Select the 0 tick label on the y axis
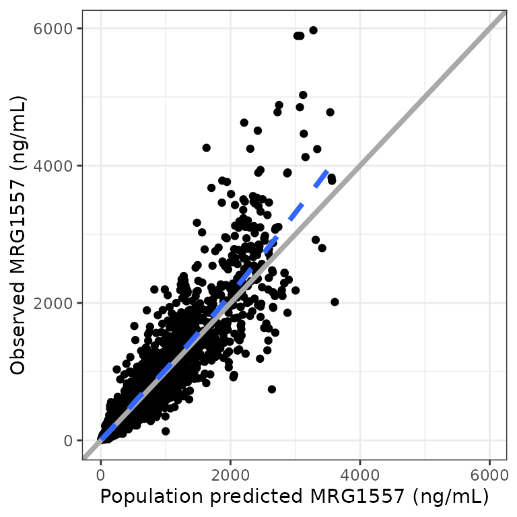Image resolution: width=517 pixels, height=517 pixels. [69, 440]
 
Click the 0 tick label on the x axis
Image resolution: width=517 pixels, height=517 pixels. [101, 474]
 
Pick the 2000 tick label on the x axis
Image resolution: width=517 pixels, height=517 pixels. [231, 474]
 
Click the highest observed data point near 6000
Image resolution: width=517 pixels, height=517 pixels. [313, 30]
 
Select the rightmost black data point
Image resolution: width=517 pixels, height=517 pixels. [335, 302]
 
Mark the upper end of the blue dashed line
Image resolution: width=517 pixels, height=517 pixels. [326, 172]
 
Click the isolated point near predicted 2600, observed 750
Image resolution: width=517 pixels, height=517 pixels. [272, 389]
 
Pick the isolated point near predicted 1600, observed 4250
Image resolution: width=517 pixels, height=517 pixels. [207, 147]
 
